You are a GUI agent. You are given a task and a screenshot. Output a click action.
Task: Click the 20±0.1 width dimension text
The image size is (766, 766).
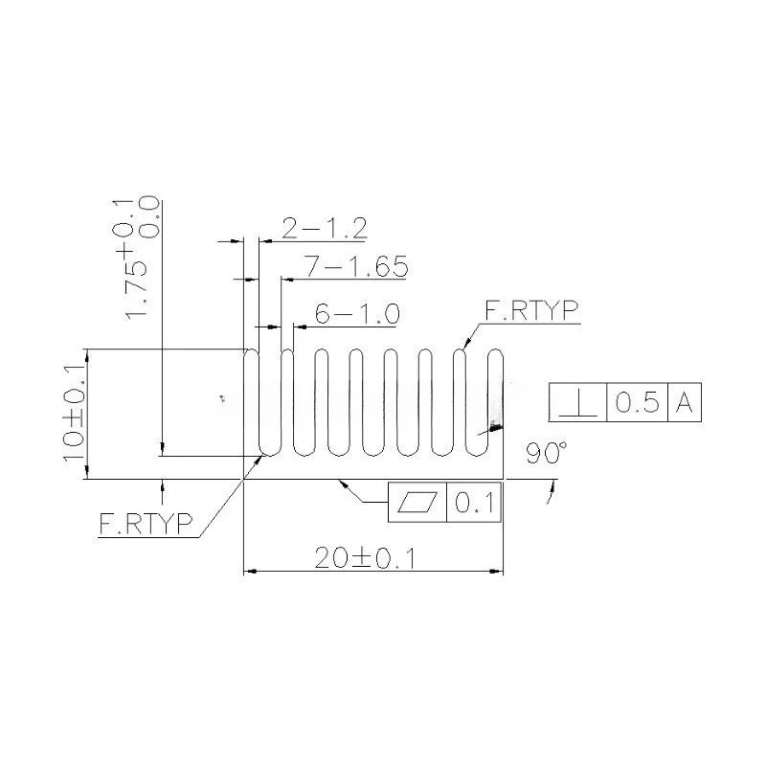point(365,558)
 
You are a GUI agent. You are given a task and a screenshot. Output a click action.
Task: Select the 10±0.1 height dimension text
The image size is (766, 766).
point(75,415)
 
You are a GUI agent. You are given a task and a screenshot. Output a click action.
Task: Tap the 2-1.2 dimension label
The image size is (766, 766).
point(325,228)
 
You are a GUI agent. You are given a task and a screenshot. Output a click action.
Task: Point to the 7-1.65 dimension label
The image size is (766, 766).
point(356,266)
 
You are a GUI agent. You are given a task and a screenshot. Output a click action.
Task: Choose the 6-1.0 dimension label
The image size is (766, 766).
point(357,314)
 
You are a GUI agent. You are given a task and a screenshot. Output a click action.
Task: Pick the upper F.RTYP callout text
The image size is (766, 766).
point(531,310)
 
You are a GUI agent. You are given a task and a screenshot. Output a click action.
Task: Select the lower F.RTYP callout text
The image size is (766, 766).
point(146,523)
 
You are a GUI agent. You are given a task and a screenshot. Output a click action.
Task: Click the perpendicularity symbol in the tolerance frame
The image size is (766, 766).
point(578,403)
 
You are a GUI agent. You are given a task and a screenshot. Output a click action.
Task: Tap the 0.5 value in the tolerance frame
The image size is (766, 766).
point(637,402)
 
